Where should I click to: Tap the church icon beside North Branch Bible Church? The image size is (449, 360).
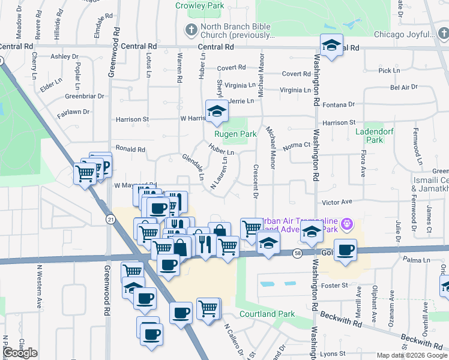pyautogui.click(x=191, y=29)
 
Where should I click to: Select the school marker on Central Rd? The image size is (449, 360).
pyautogui.click(x=331, y=44)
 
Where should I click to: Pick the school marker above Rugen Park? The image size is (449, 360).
pyautogui.click(x=217, y=110)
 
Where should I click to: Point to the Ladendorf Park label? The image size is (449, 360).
pyautogui.click(x=369, y=136)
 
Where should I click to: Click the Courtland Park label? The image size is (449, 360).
pyautogui.click(x=267, y=314)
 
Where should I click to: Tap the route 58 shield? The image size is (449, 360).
pyautogui.click(x=297, y=254)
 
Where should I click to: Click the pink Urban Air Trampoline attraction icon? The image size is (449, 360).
pyautogui.click(x=346, y=225)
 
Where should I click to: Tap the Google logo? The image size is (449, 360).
pyautogui.click(x=20, y=353)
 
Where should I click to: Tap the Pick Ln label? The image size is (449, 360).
pyautogui.click(x=389, y=71)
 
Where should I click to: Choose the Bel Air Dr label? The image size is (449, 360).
pyautogui.click(x=403, y=88)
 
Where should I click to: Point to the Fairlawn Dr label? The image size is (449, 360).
pyautogui.click(x=73, y=112)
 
